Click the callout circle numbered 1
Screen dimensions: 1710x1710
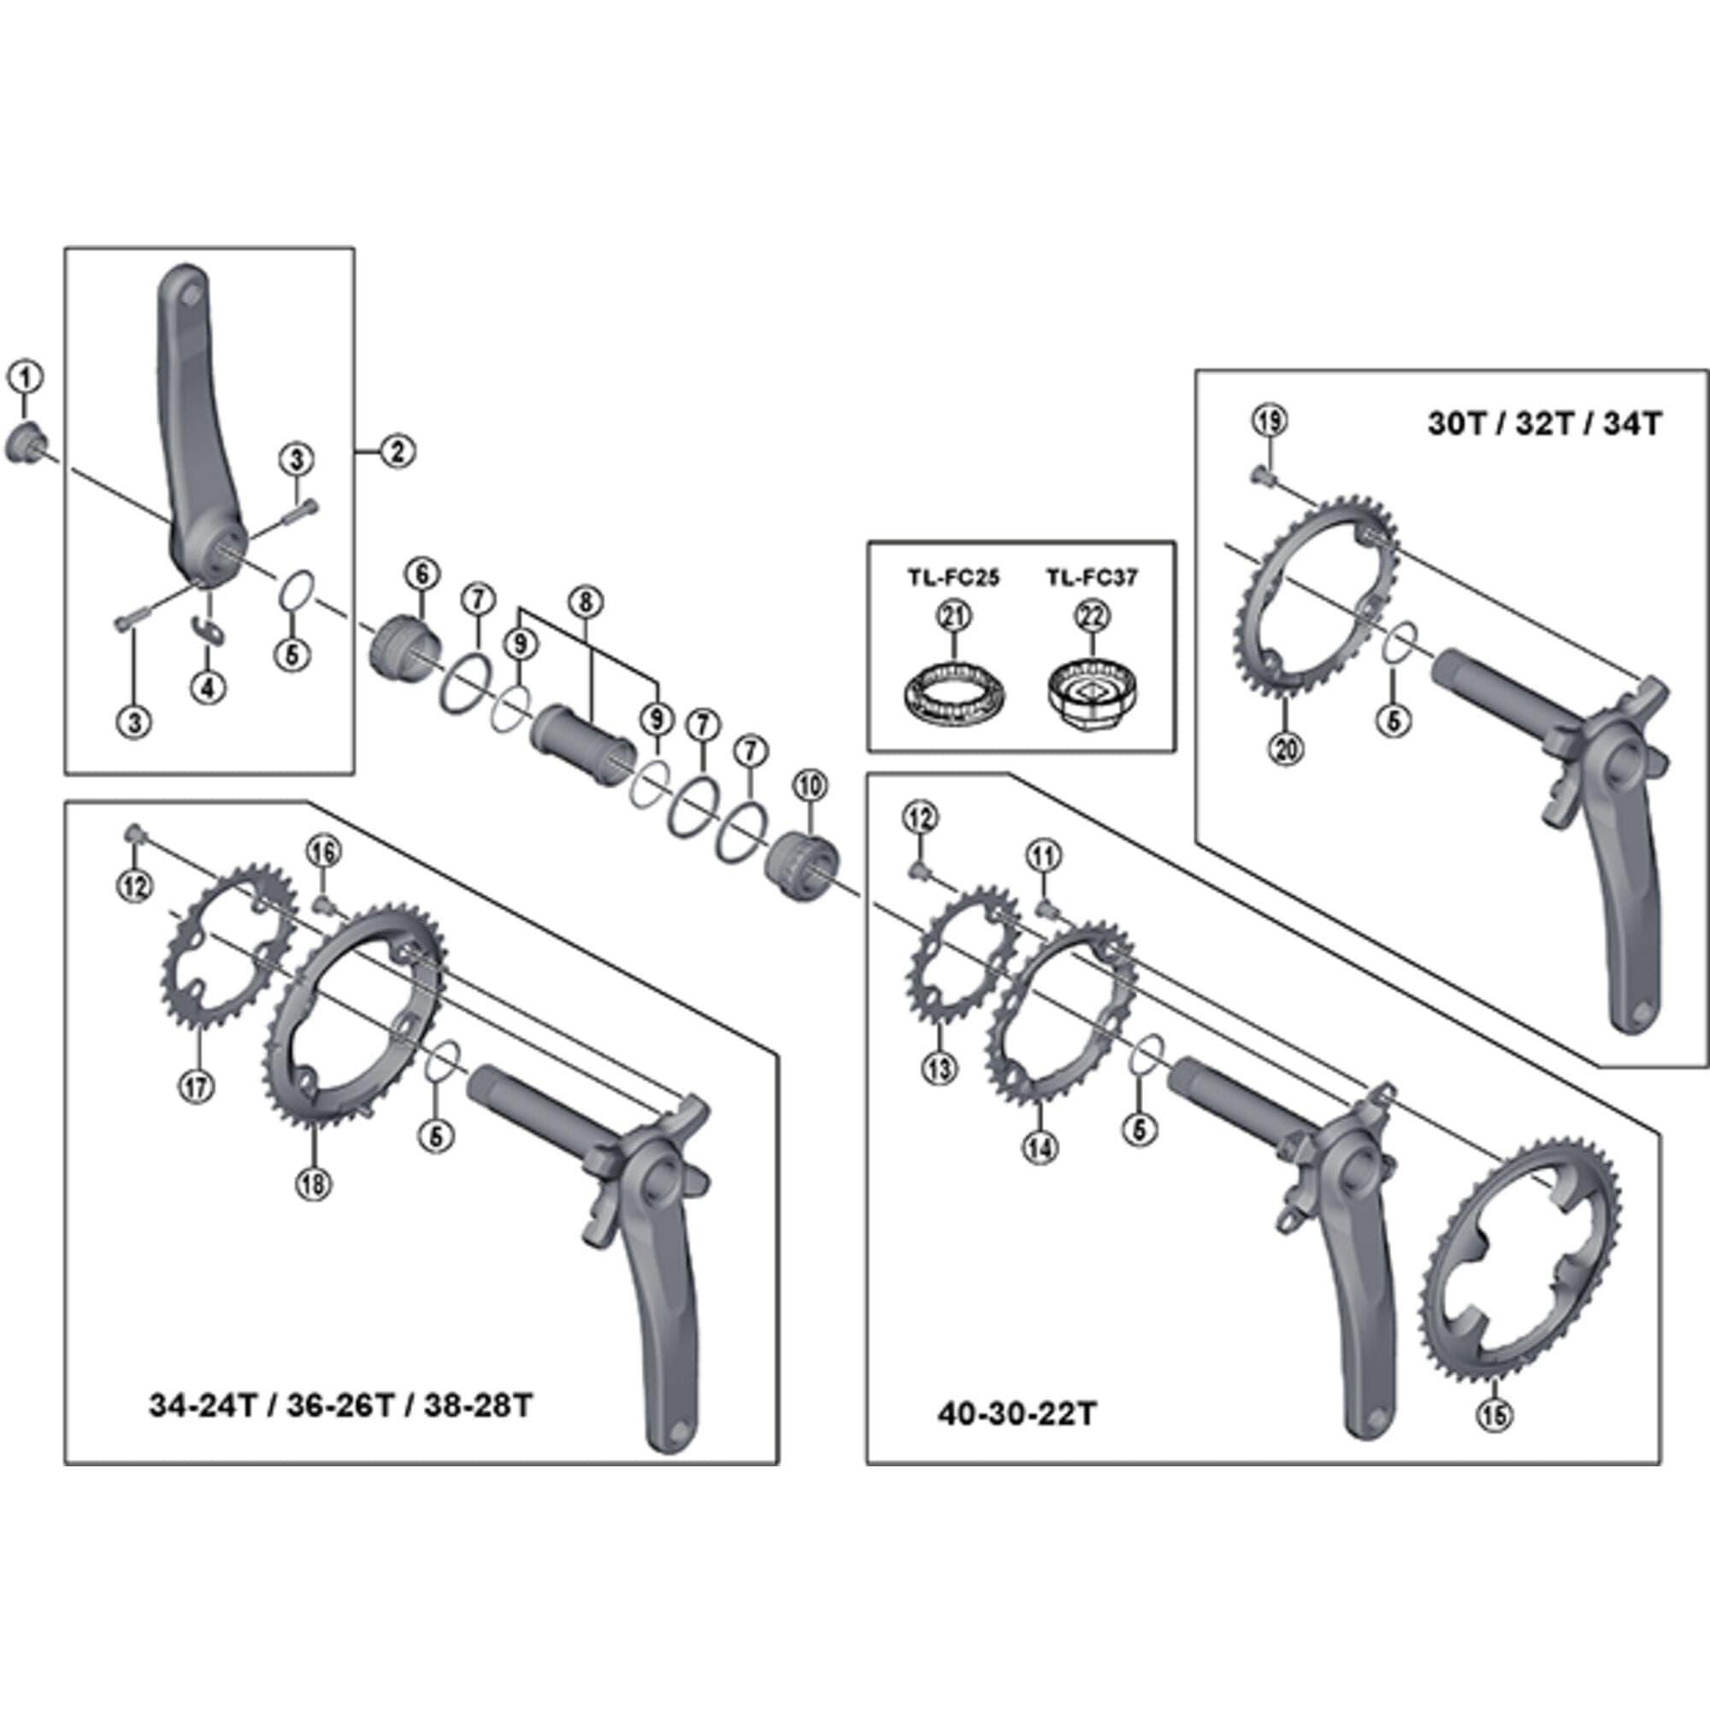point(26,378)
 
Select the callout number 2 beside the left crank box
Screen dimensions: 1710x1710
point(398,451)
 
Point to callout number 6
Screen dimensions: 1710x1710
point(422,575)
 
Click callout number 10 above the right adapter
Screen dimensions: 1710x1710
point(811,785)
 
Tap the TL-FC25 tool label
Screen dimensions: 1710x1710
point(952,578)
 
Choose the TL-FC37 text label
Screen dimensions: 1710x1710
point(1091,578)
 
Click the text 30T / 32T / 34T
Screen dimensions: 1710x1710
point(1544,424)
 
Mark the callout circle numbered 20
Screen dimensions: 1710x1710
point(1286,750)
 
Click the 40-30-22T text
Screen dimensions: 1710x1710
point(1017,1413)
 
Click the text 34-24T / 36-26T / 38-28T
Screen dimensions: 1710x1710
point(341,1405)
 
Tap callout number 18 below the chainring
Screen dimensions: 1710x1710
point(314,1184)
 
